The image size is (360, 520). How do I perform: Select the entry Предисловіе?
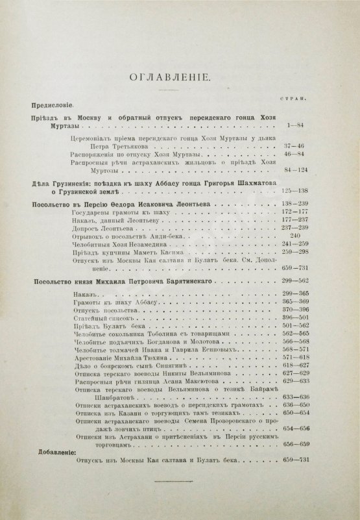tap(54, 105)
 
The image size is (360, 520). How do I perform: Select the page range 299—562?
tap(296, 280)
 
